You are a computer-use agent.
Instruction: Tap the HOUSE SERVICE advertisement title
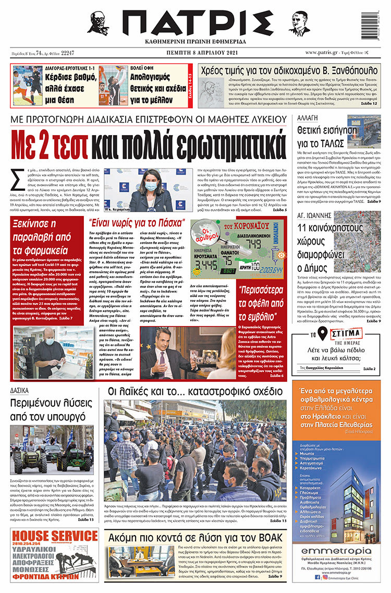point(54,536)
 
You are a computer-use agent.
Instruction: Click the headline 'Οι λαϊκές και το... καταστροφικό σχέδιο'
point(195,392)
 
